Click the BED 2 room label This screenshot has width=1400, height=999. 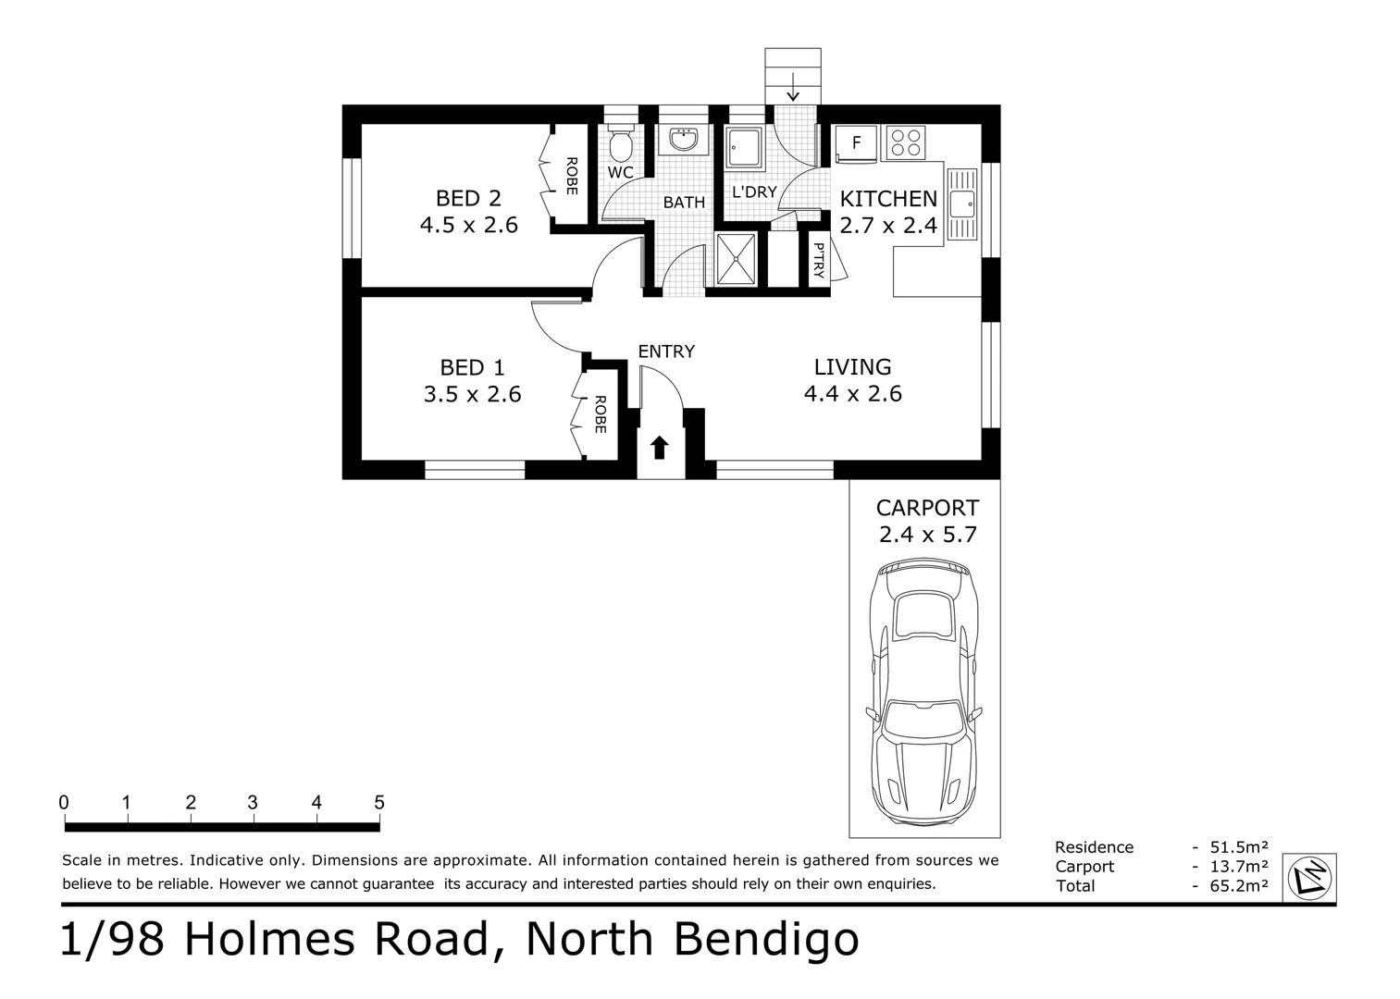(468, 198)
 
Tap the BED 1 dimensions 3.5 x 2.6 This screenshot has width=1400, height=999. (473, 394)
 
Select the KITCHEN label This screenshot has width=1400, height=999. (888, 199)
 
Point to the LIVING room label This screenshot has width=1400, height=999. (852, 366)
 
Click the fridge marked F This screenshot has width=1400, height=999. (856, 143)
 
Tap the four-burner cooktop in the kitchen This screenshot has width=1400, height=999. (905, 142)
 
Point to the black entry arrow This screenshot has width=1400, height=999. (660, 448)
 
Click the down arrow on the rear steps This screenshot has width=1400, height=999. (793, 86)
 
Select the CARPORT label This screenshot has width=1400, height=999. (927, 508)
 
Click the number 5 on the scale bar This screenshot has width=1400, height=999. (379, 802)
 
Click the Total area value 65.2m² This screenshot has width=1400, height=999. (1239, 886)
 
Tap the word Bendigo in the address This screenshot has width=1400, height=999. (766, 941)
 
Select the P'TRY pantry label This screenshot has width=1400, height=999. (819, 261)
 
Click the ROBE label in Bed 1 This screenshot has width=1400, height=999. (600, 414)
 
